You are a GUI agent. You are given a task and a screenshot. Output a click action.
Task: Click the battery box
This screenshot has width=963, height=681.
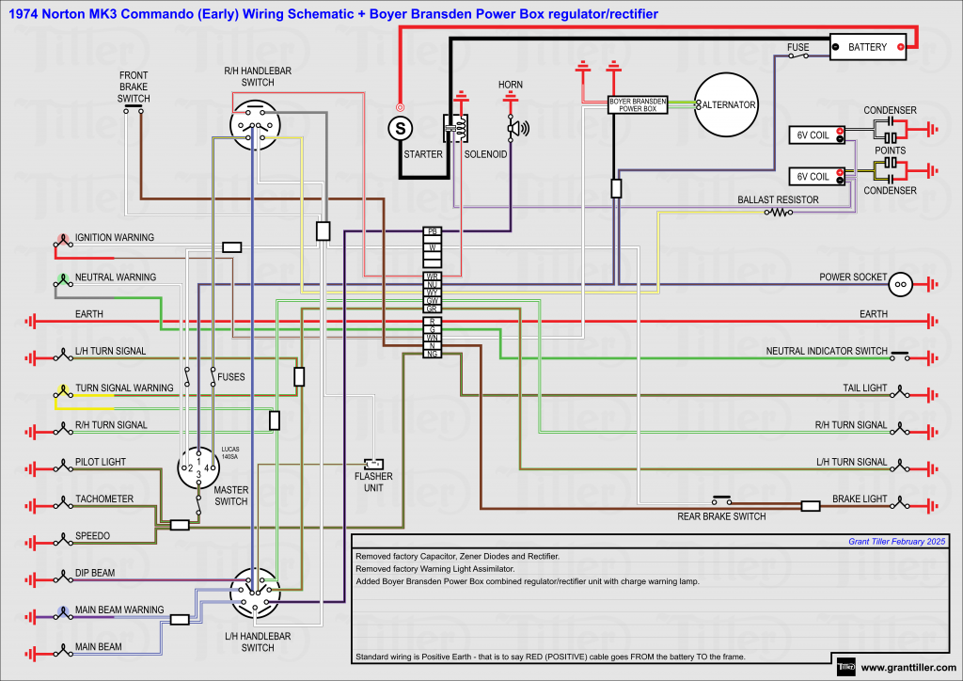coord(867,47)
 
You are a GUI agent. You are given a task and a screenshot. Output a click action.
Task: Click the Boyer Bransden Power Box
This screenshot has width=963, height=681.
coord(638,104)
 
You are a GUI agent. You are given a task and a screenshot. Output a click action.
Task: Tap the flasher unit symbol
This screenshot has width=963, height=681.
coord(373,463)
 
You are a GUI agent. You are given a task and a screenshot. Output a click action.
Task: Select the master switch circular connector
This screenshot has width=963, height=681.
coord(199,467)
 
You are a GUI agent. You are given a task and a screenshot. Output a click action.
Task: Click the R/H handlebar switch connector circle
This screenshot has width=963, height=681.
coord(255,125)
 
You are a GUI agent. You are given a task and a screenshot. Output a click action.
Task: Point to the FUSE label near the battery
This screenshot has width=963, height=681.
coord(797,46)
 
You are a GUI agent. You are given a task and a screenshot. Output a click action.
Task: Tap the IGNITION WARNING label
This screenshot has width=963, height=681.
coord(115,238)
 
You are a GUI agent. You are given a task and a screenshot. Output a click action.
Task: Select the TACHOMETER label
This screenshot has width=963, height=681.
coord(104,499)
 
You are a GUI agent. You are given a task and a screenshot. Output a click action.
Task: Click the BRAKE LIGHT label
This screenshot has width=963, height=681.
coord(860,499)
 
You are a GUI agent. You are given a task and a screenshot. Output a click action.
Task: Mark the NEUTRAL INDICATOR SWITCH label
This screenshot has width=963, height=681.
coord(827,351)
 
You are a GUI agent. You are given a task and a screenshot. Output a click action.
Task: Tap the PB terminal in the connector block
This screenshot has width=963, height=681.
coord(433,231)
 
